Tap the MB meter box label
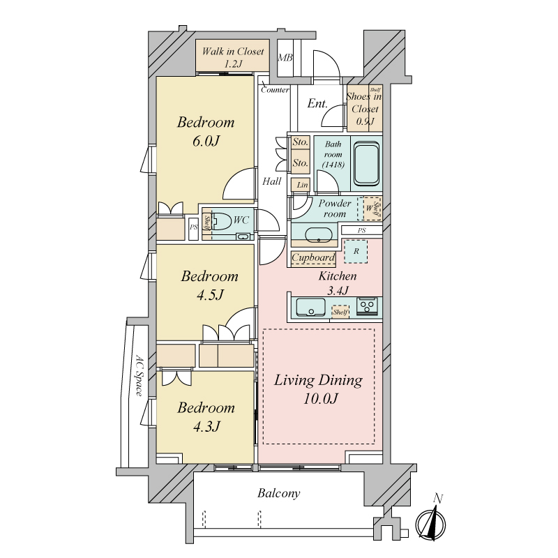pos(285,57)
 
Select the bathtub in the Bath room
pos(367,164)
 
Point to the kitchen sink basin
pos(310,307)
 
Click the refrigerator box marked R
pos(356,251)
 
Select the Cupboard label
pos(313,257)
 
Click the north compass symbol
pos(431,522)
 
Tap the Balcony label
pos(278,493)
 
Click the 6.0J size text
pos(206,142)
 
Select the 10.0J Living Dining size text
pos(320,398)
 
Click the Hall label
pos(272,181)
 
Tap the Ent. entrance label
pos(317,103)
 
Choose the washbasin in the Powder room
pos(319,235)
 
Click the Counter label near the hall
pos(275,90)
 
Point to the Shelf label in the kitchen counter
pos(340,312)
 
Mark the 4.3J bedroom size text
pos(206,426)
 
